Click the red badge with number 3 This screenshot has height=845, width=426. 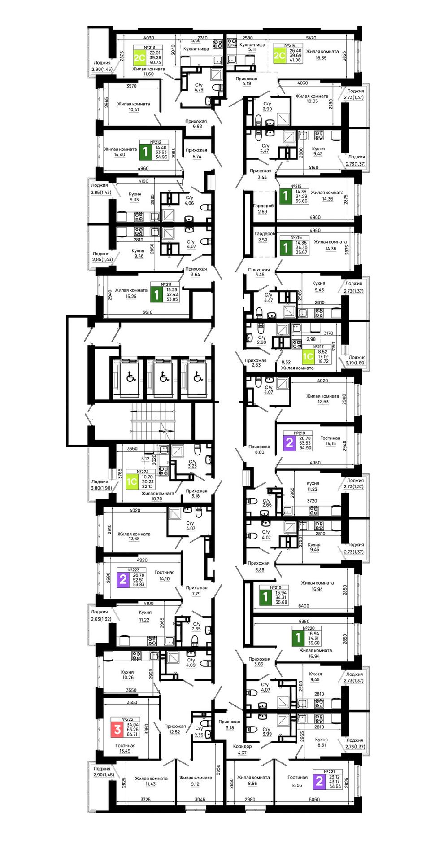[x=117, y=729]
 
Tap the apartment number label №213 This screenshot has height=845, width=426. [x=149, y=47]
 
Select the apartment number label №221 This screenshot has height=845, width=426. [x=328, y=771]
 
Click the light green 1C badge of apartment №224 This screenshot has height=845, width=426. [x=132, y=482]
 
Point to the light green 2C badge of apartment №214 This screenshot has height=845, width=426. [x=279, y=55]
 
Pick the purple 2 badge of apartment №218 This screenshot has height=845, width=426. [x=289, y=443]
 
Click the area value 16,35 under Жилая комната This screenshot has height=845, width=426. [x=321, y=58]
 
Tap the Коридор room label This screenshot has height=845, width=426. [x=242, y=746]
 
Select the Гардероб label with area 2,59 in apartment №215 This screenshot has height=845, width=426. [x=263, y=206]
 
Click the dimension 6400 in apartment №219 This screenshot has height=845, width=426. [x=304, y=606]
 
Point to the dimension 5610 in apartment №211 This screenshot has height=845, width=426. [x=147, y=312]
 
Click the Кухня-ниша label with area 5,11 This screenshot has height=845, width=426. [x=252, y=45]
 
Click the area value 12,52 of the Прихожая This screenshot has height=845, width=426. [x=175, y=732]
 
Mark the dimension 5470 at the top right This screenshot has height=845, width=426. [x=311, y=38]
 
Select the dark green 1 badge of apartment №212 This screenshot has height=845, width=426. [x=145, y=152]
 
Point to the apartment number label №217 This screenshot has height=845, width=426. [x=318, y=347]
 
